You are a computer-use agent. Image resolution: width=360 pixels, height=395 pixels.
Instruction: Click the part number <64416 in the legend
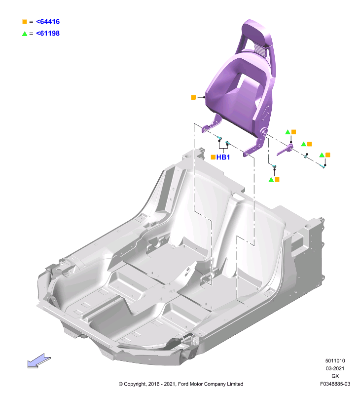click(x=48, y=22)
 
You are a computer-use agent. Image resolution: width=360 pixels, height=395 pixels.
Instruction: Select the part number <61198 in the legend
click(x=48, y=33)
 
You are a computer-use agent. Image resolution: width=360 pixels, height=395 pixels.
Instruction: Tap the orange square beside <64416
click(x=25, y=22)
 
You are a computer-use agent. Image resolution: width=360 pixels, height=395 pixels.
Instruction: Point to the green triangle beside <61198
click(x=25, y=34)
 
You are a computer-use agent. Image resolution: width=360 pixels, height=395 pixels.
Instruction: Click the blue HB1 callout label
click(x=223, y=157)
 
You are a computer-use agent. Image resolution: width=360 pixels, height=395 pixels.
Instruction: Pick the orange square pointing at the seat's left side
click(x=193, y=97)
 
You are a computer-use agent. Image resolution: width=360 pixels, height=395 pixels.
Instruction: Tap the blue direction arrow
click(x=39, y=361)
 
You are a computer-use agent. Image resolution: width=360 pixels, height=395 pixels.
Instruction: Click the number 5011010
click(x=335, y=361)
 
